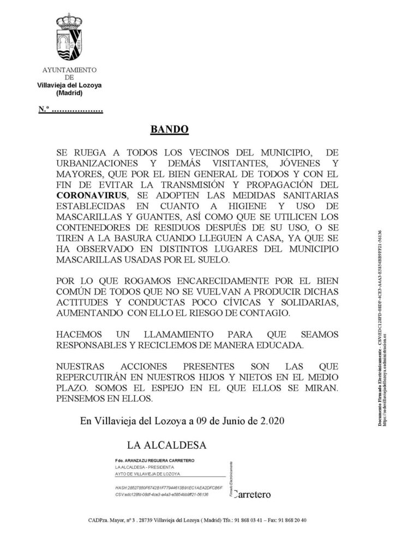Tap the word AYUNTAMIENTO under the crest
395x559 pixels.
(69, 70)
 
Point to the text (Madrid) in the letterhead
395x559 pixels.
(69, 93)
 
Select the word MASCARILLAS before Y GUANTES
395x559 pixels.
(91, 216)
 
